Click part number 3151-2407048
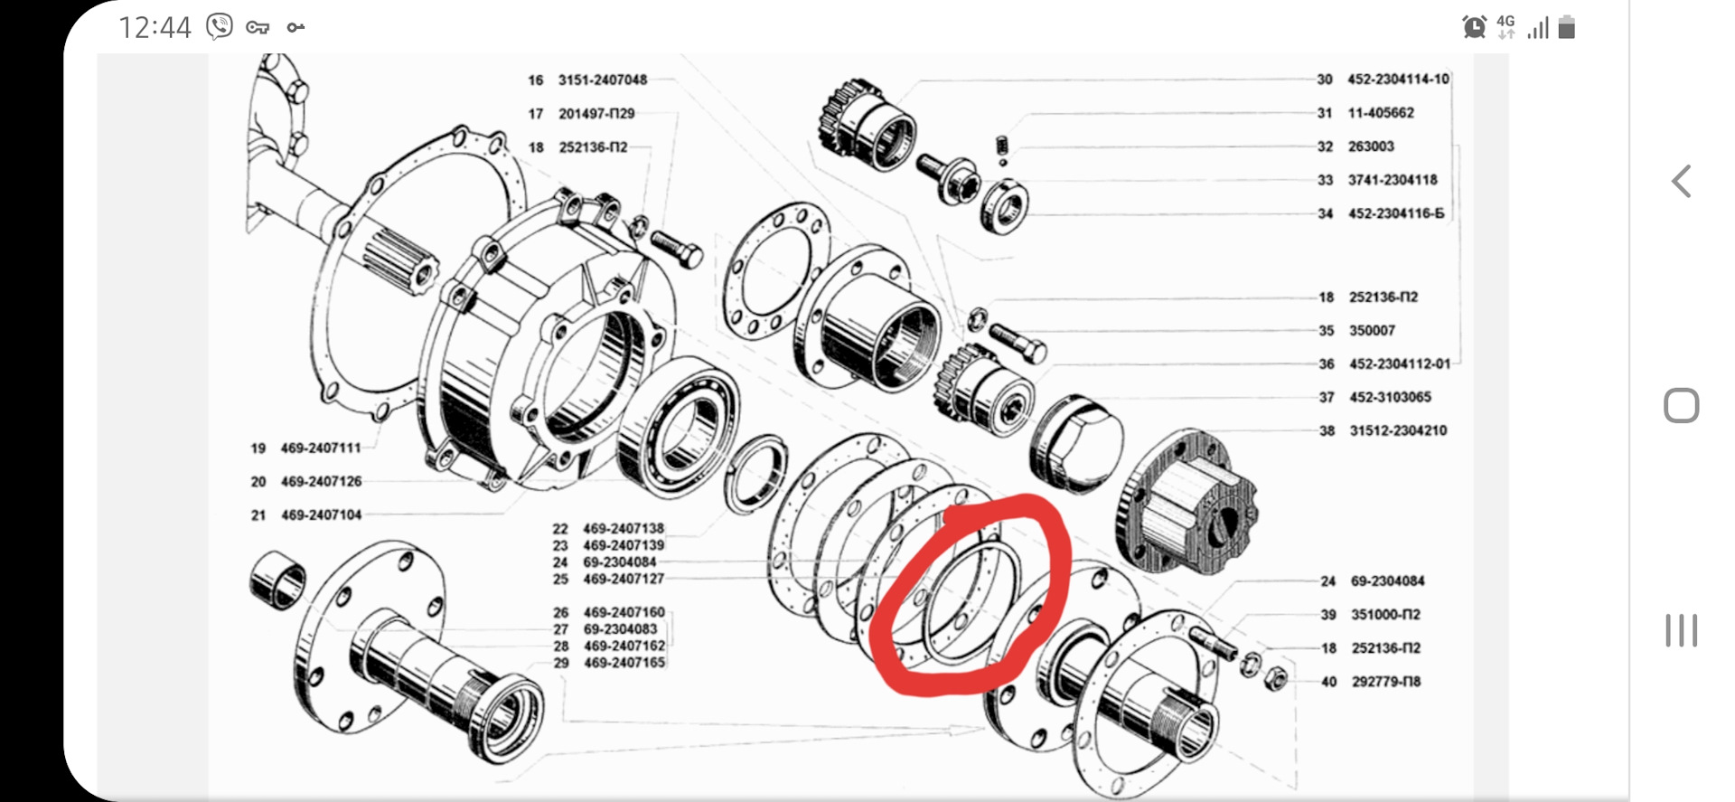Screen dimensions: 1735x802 (x=603, y=80)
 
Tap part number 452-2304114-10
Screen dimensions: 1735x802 (x=1398, y=80)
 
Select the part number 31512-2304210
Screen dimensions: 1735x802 (x=1398, y=431)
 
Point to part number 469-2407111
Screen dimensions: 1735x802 (x=321, y=448)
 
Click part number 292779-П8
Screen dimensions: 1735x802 (x=1386, y=682)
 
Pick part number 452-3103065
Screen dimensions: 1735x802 (x=1390, y=398)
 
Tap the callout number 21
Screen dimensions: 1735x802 (x=258, y=515)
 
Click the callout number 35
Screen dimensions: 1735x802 (x=1326, y=331)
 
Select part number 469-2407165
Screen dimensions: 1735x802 (x=624, y=663)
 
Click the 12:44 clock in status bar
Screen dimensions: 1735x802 (x=155, y=28)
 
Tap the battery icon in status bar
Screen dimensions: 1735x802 (x=1567, y=27)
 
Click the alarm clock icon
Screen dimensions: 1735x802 (x=1474, y=27)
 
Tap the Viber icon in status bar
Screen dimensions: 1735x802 (x=219, y=27)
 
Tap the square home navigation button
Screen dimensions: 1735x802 (x=1682, y=406)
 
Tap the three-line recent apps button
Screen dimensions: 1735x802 (x=1682, y=630)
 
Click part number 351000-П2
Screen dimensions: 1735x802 (x=1385, y=615)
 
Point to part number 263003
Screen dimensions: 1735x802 (x=1371, y=146)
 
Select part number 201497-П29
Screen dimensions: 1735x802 (x=596, y=114)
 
